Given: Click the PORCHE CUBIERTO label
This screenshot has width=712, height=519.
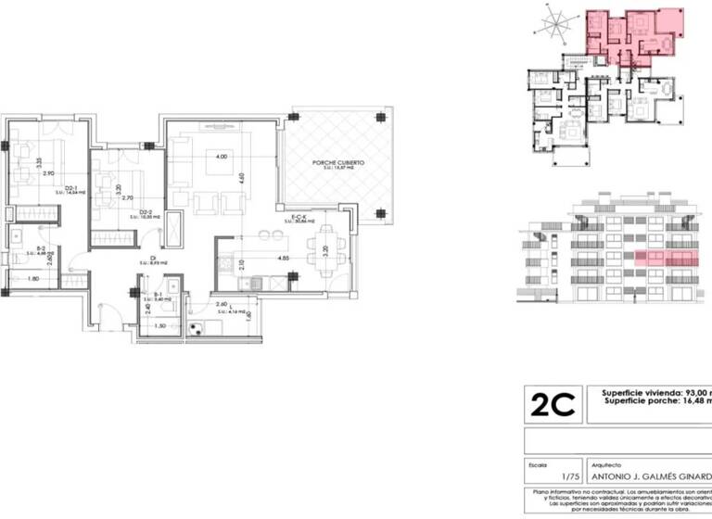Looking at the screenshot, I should [337, 162].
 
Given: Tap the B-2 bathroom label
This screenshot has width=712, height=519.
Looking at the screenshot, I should [42, 247].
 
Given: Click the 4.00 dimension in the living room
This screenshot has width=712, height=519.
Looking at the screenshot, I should [222, 158].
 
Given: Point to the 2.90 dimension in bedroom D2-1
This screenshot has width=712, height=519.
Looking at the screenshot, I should [47, 173].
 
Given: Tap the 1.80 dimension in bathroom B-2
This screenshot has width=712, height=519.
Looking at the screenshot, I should [32, 279].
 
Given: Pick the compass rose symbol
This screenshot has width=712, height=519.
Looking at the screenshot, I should [556, 23].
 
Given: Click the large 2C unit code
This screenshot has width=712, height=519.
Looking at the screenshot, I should [553, 404].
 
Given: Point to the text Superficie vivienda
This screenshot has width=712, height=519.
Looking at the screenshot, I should [640, 391].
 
